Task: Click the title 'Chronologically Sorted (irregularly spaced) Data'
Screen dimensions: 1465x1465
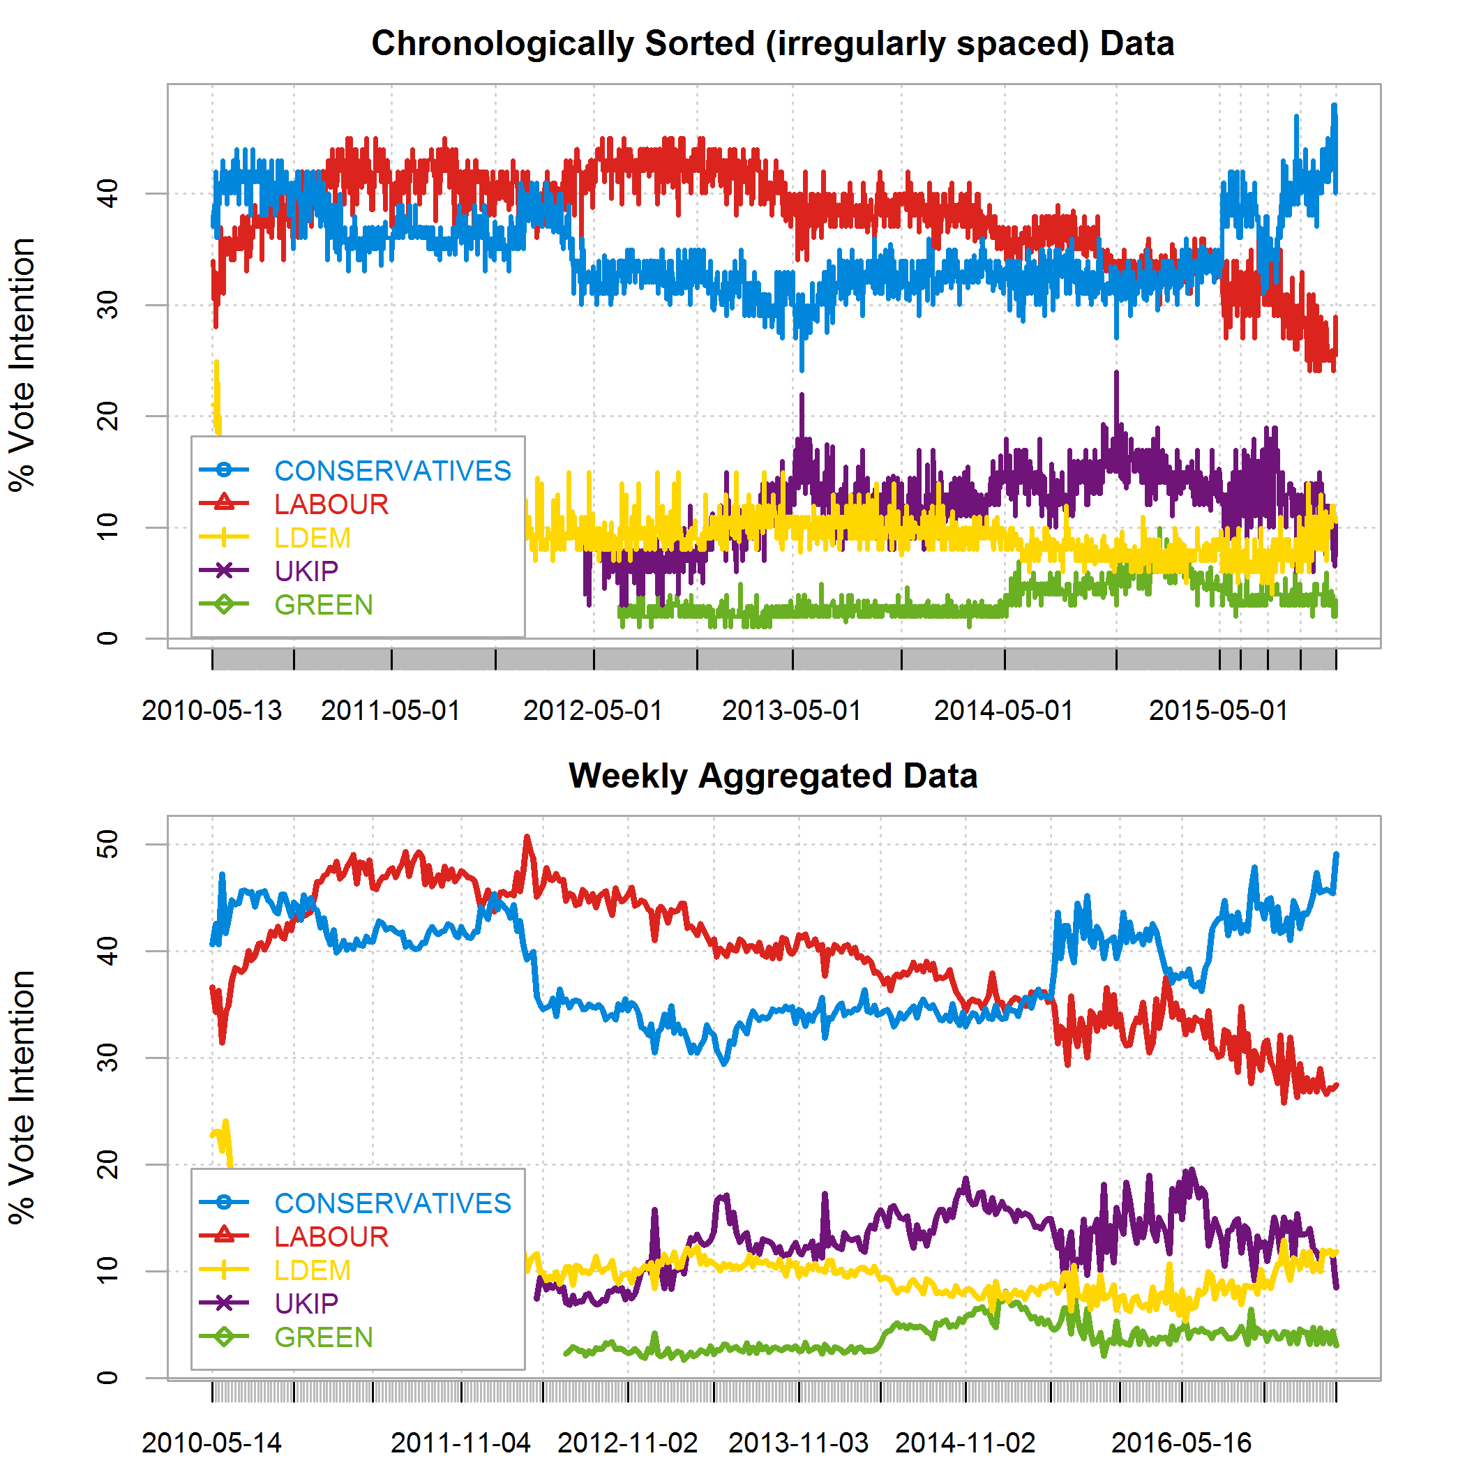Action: tap(773, 44)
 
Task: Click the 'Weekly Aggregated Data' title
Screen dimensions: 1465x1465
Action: tap(773, 776)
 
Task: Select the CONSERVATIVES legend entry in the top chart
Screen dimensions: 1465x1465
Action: tap(392, 471)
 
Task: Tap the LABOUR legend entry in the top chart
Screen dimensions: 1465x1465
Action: tap(331, 504)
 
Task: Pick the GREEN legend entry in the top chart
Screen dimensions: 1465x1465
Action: tap(324, 605)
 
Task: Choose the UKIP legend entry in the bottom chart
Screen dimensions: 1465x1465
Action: tap(306, 1303)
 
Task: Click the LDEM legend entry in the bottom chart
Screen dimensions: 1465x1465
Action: tap(313, 1270)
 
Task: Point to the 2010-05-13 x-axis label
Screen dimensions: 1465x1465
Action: tap(211, 710)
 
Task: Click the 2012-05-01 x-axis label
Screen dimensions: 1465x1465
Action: tap(593, 710)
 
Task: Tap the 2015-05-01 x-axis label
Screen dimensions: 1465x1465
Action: tap(1219, 710)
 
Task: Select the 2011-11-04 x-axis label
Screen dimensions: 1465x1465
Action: tap(460, 1442)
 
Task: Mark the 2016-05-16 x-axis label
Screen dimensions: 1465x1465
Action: tap(1181, 1442)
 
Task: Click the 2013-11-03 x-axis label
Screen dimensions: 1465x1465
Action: tap(799, 1442)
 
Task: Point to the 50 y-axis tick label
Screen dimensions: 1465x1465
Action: tap(108, 844)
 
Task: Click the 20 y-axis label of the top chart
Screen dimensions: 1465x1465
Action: tap(108, 416)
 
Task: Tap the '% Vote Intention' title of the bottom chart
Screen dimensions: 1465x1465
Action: tap(23, 1097)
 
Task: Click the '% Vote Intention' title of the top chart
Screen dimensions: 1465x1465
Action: tap(23, 365)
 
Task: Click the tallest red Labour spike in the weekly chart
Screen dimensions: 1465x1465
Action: tap(527, 839)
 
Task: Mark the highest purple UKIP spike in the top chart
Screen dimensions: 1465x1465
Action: tap(1116, 373)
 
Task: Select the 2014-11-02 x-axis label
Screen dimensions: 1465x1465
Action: tap(966, 1442)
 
